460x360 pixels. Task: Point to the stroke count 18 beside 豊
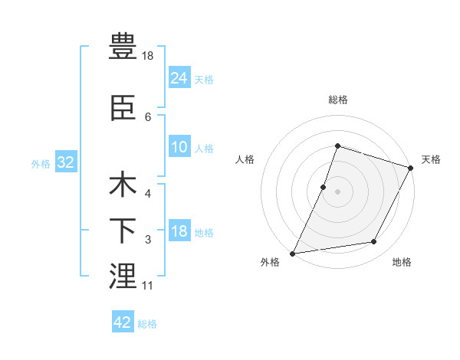(149, 56)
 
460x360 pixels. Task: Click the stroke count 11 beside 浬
(147, 286)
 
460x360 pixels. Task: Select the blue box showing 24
(179, 77)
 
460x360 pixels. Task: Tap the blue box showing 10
(179, 148)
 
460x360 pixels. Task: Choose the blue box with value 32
(64, 162)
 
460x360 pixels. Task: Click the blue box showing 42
(122, 322)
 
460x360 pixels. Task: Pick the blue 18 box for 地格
(179, 232)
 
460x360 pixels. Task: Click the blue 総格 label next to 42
(147, 324)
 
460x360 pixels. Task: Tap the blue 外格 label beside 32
(41, 163)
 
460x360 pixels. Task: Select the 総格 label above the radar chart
(337, 100)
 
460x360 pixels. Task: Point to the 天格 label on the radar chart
(431, 159)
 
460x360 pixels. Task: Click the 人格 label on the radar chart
(245, 159)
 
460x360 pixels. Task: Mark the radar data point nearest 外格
(292, 253)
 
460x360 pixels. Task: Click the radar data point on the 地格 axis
(374, 242)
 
